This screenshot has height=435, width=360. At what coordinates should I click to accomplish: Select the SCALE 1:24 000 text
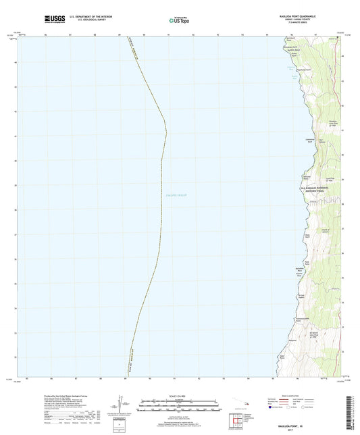pyautogui.click(x=180, y=398)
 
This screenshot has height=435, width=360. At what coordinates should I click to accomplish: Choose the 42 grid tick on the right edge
pyautogui.click(x=343, y=106)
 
